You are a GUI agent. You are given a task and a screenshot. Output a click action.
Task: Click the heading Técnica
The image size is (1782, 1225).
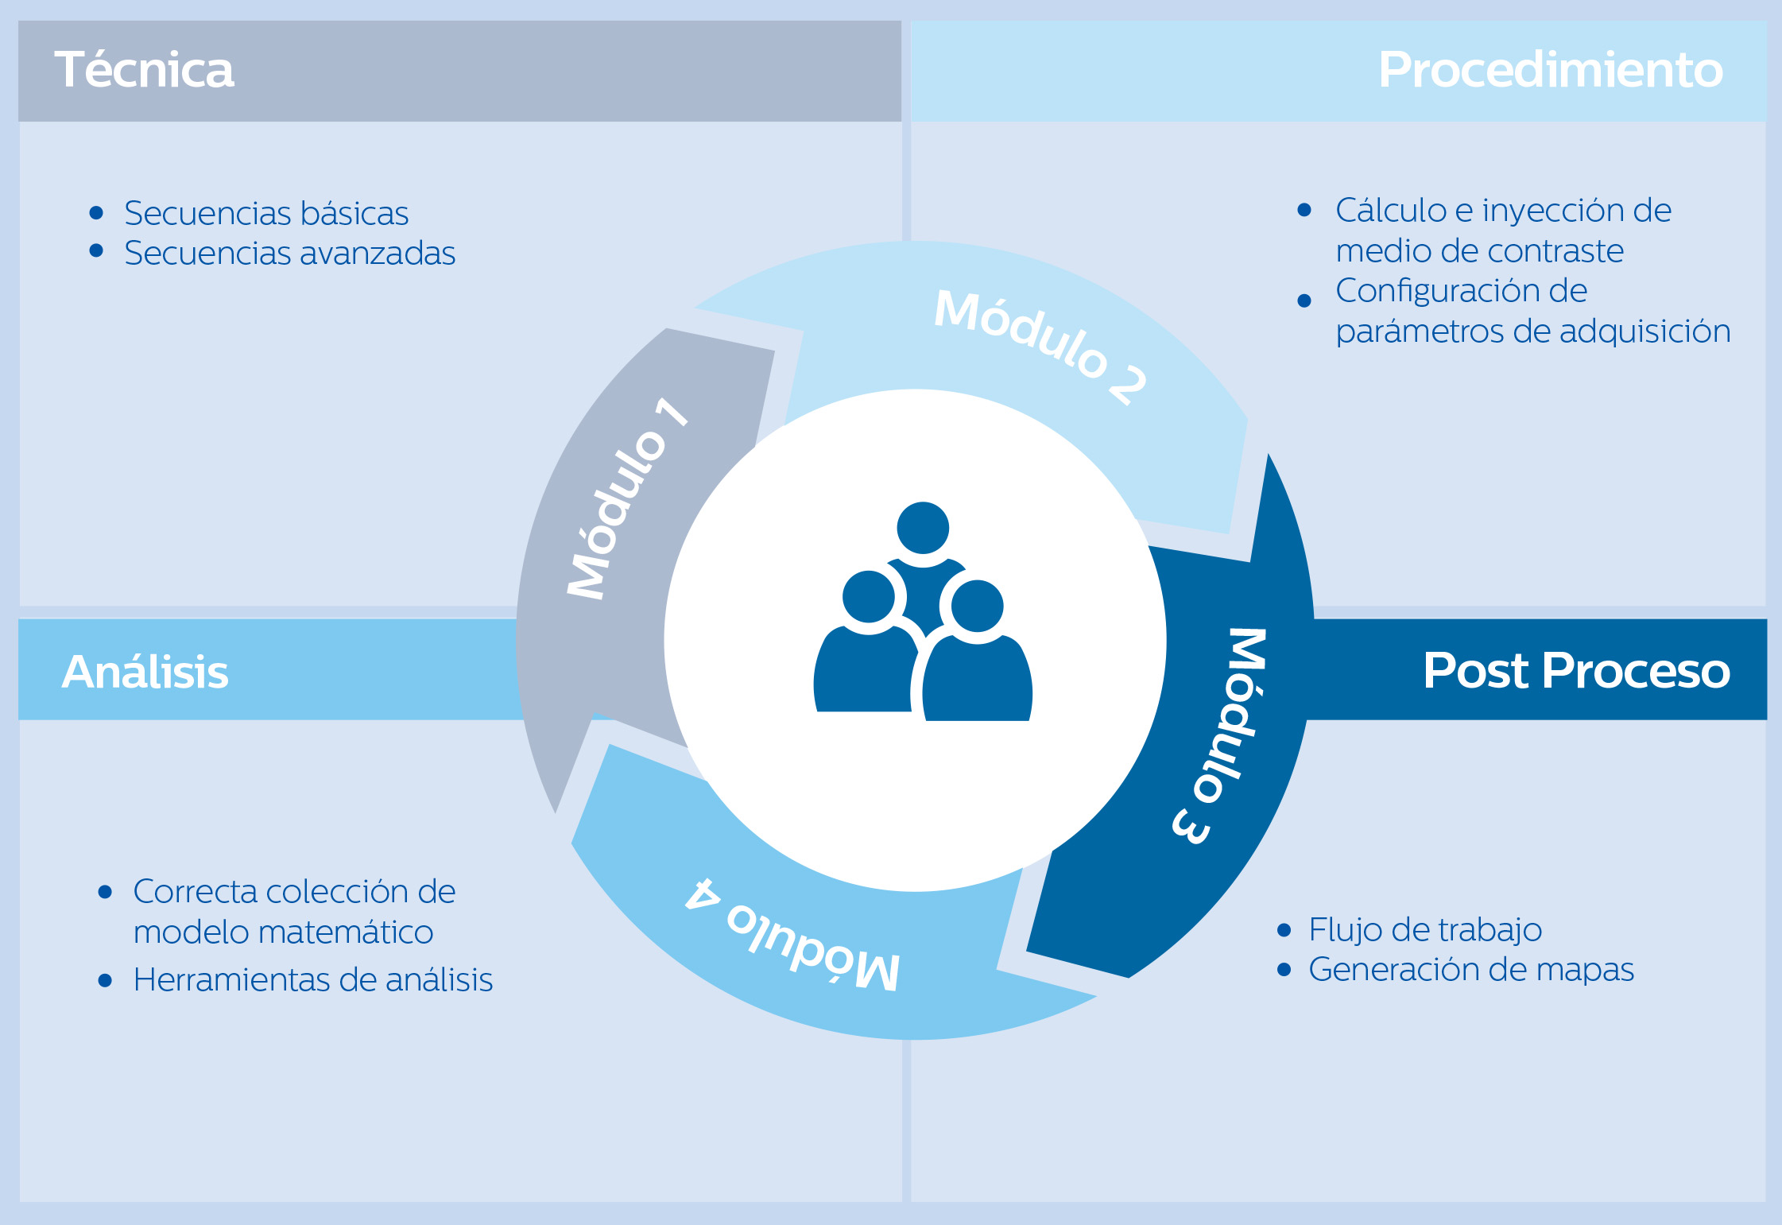(144, 70)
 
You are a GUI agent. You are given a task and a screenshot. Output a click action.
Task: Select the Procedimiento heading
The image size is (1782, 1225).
(1550, 70)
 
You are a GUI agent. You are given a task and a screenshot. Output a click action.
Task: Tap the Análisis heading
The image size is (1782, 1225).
(145, 672)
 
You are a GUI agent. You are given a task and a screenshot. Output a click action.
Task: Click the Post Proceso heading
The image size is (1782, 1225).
(1576, 671)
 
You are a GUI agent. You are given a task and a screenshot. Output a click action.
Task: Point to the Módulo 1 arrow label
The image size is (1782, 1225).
(627, 499)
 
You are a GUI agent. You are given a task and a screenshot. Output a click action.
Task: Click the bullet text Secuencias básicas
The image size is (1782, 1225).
(266, 213)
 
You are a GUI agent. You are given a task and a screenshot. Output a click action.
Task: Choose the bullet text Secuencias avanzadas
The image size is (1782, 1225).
(289, 254)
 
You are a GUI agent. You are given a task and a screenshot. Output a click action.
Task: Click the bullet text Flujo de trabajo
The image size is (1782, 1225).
(1425, 929)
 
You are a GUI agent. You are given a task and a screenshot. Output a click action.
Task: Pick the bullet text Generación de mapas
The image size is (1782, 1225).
(1471, 970)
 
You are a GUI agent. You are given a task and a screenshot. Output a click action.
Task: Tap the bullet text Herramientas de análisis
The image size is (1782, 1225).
(313, 980)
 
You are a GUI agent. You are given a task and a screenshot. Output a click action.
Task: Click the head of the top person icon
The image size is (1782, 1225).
(923, 528)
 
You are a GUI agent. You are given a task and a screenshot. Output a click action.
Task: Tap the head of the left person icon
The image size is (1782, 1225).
(869, 597)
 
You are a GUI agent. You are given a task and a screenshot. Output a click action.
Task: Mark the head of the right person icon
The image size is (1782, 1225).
(977, 607)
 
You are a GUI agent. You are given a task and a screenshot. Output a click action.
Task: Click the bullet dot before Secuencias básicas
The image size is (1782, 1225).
(96, 212)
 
